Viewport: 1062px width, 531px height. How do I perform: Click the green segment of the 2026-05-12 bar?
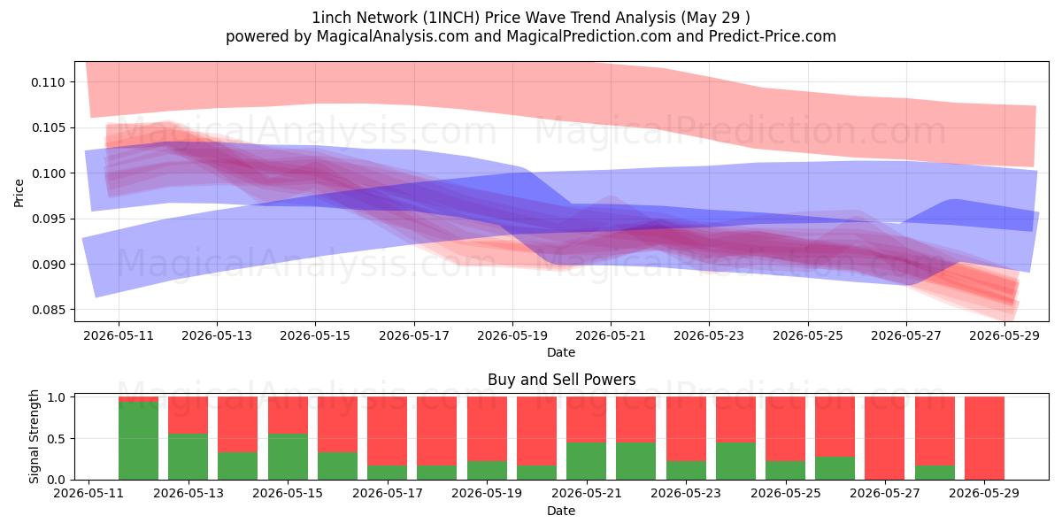(138, 441)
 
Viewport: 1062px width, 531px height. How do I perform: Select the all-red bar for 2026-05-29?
(984, 438)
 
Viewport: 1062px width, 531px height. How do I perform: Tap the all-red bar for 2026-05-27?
(885, 438)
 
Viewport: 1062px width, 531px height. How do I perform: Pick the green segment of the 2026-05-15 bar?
(288, 457)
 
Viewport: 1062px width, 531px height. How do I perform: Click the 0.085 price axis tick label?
(48, 310)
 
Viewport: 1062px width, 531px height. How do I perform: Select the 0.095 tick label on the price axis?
(48, 219)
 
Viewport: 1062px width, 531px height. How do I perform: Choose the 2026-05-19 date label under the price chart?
(512, 335)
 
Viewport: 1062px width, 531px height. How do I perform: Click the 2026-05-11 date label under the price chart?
(119, 335)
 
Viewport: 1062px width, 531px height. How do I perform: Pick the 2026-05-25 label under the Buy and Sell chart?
(786, 493)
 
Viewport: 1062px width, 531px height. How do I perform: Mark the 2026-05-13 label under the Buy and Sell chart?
(189, 493)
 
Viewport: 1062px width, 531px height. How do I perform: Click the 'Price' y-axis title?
(19, 193)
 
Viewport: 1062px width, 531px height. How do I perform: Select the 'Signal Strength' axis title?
(34, 436)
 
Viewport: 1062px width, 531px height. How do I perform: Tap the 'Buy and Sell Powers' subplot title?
(561, 380)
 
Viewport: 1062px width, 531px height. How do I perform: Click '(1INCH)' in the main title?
(450, 18)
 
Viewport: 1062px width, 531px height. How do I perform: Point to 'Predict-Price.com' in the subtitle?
(773, 36)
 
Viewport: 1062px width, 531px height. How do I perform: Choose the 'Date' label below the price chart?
(561, 352)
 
